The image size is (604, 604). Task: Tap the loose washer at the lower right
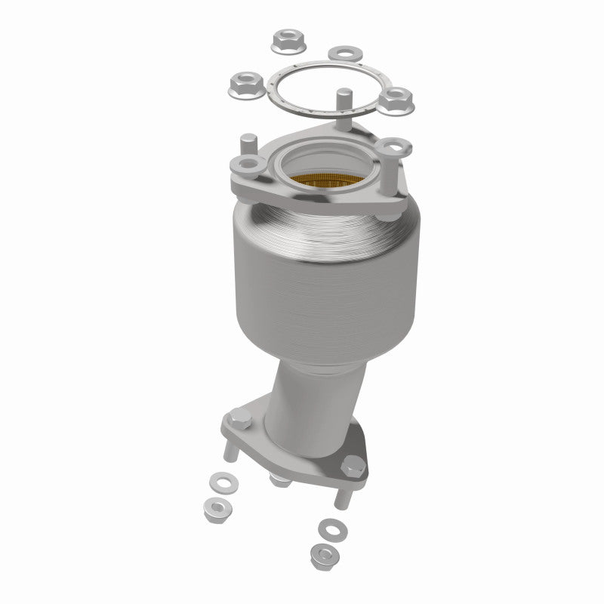tap(328, 525)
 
